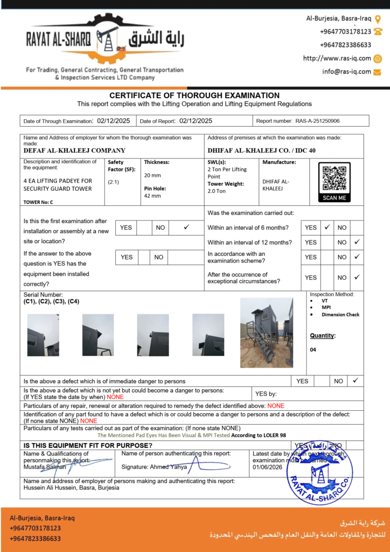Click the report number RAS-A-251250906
coord(317,121)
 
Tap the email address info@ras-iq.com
coord(346,71)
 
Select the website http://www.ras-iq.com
coord(337,58)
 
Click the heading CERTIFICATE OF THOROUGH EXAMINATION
coord(194,95)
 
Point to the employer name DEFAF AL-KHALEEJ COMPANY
coord(74,151)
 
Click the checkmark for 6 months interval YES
coord(327,227)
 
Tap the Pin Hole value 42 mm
coord(152,196)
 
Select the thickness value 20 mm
coord(152,175)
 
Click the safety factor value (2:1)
coord(113,182)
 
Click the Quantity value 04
coord(313,349)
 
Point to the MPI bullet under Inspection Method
coord(326,307)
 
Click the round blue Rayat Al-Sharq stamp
coord(321,474)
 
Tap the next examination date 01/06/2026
coord(268,467)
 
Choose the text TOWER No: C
coord(38,202)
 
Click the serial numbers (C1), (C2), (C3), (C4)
coord(51,301)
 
